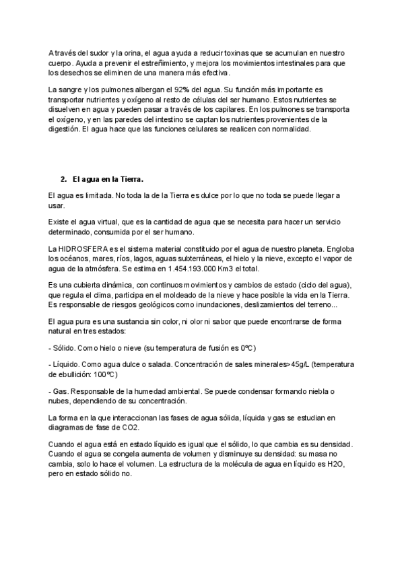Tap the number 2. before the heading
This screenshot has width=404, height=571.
pos(63,179)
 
